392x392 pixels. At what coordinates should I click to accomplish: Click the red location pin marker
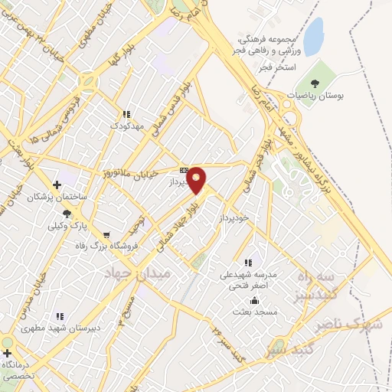coord(197,180)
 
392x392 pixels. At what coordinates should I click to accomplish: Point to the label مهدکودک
coord(126,124)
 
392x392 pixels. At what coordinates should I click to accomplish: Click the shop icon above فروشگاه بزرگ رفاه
coord(106,234)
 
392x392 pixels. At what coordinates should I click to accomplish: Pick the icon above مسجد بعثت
coord(244,300)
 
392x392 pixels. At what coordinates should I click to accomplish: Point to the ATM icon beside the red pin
coord(184,170)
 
